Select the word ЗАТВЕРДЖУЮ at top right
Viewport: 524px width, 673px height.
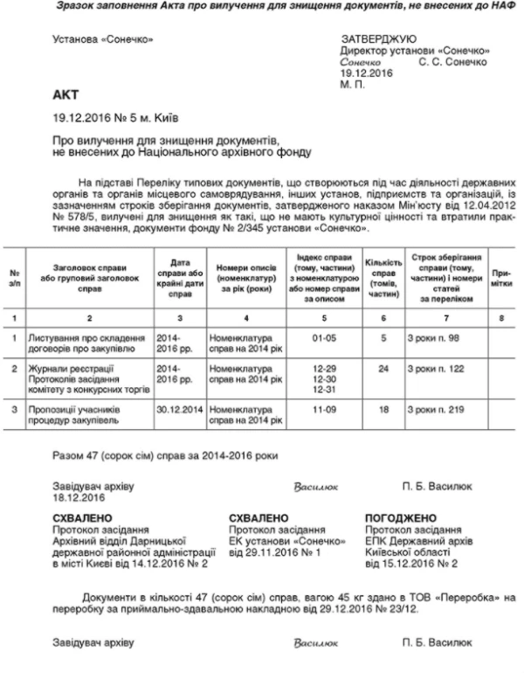(x=377, y=38)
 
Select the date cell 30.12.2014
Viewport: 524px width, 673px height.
(x=180, y=408)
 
